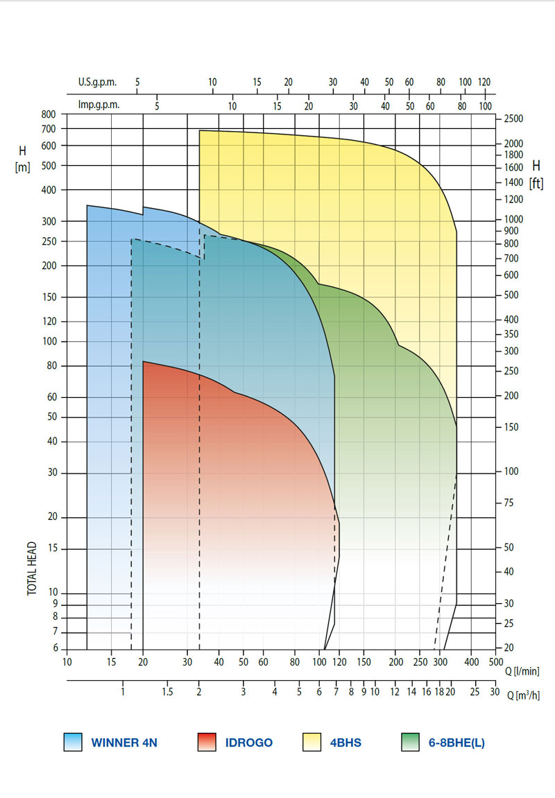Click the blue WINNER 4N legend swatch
pyautogui.click(x=72, y=743)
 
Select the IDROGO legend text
pyautogui.click(x=249, y=743)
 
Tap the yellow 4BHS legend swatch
pyautogui.click(x=314, y=743)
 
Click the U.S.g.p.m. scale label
pyautogui.click(x=97, y=82)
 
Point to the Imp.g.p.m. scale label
pyautogui.click(x=99, y=105)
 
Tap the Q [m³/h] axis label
pyautogui.click(x=524, y=695)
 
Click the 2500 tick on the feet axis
pyautogui.click(x=513, y=119)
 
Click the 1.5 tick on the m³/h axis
pyautogui.click(x=168, y=692)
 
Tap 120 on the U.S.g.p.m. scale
pyautogui.click(x=484, y=82)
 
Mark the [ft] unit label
pyautogui.click(x=536, y=183)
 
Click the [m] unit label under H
pyautogui.click(x=22, y=168)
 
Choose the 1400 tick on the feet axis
pyautogui.click(x=514, y=182)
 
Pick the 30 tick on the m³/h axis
pyautogui.click(x=494, y=692)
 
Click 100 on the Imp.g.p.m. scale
pyautogui.click(x=485, y=105)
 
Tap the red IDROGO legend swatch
pyautogui.click(x=206, y=743)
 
